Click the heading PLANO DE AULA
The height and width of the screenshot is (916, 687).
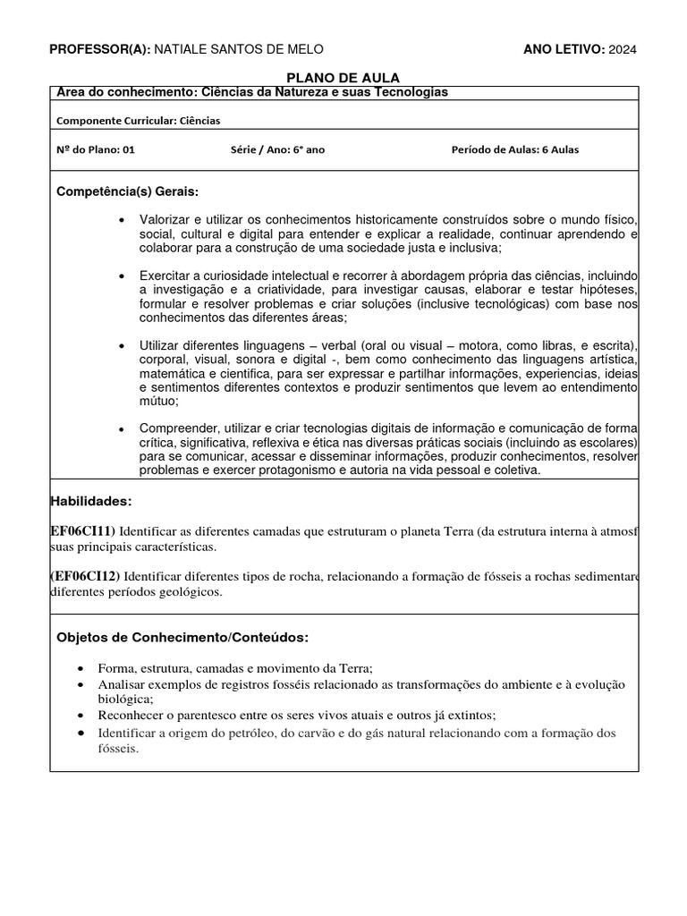(343, 78)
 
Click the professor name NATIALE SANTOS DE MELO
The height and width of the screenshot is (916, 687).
(239, 48)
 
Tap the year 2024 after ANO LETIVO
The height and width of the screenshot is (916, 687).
(623, 48)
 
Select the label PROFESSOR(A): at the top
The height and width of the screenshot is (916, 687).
(99, 48)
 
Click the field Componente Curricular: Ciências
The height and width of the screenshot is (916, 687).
(138, 120)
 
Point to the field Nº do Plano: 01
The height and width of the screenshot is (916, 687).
(95, 149)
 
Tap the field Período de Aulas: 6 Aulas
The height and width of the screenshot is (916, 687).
(514, 149)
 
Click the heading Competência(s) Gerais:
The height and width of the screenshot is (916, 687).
(128, 192)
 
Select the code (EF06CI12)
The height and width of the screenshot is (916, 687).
(85, 575)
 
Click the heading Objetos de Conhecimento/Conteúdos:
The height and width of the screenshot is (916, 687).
(182, 637)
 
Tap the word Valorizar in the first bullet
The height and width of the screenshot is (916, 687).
(167, 220)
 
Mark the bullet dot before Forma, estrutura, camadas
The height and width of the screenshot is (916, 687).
(82, 669)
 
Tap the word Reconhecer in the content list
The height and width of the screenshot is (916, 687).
(131, 715)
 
